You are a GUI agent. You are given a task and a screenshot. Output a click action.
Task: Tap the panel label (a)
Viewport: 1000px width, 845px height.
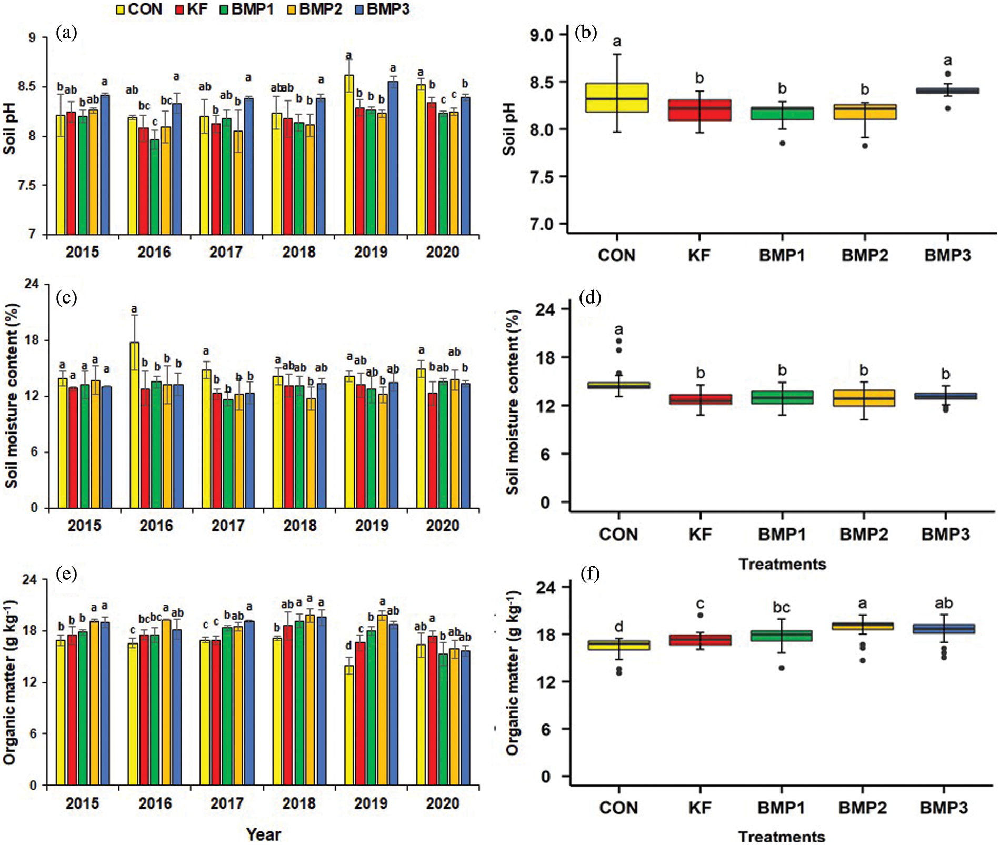(x=66, y=33)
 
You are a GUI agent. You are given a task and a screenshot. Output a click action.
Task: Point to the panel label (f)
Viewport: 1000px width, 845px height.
(x=589, y=573)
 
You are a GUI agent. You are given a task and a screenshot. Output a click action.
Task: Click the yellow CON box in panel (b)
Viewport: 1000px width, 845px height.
(x=617, y=97)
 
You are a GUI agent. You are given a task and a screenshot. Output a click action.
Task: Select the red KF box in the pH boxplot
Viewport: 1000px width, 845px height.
(x=699, y=110)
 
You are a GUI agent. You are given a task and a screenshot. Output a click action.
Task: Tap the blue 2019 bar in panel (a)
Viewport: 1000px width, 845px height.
(x=393, y=158)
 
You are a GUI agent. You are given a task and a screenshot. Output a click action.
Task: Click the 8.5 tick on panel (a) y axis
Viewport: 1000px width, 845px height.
(x=27, y=87)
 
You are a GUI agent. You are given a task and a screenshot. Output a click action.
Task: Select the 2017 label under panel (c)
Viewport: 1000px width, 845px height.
(x=227, y=526)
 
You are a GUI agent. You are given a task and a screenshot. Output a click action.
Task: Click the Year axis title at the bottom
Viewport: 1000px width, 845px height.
(x=263, y=834)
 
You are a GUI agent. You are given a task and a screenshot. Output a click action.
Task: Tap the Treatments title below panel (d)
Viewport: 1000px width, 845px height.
(x=782, y=564)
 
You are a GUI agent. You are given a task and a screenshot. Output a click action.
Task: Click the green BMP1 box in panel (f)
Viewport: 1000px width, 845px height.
(x=782, y=636)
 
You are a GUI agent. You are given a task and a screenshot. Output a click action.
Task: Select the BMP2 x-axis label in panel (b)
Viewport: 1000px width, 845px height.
(x=865, y=256)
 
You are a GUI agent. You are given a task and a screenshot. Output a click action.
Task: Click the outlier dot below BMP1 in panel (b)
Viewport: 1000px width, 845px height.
(x=783, y=143)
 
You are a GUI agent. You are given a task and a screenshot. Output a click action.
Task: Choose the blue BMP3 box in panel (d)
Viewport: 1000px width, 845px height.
(x=946, y=396)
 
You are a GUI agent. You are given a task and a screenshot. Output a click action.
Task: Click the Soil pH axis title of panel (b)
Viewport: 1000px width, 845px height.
(x=509, y=129)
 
